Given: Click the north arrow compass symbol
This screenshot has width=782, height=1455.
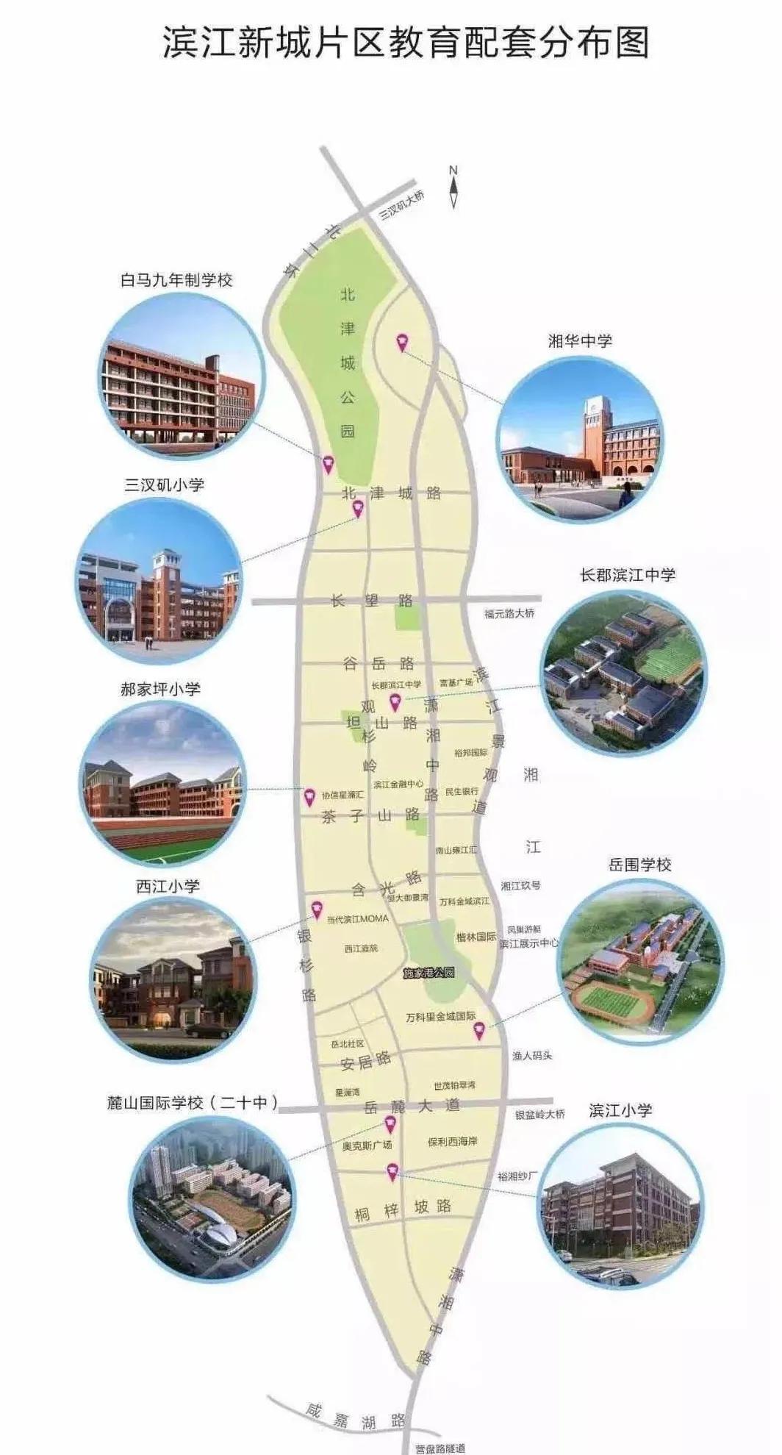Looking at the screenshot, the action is [x=453, y=188].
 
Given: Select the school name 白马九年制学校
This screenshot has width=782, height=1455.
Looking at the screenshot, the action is [x=176, y=280].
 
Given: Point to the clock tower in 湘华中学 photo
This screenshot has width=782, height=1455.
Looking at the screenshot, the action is [x=596, y=434].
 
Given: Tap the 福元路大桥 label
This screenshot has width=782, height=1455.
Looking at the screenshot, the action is [x=509, y=613].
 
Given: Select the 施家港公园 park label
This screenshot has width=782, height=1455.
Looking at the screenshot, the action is [x=429, y=973].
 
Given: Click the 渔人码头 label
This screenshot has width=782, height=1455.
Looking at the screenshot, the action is [x=532, y=1055].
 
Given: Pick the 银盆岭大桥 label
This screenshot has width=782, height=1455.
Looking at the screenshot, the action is [x=540, y=1114].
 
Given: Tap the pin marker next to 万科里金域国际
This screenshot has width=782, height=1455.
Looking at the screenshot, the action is [x=478, y=1030].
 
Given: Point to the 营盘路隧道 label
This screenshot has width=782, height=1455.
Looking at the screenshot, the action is [x=440, y=1448].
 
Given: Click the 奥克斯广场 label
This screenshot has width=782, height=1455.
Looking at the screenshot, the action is [x=367, y=1145].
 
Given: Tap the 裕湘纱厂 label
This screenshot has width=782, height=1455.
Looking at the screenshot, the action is [x=517, y=1176].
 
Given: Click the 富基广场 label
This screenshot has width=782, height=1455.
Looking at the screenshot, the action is [x=456, y=683].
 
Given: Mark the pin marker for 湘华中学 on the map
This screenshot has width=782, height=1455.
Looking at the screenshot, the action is [x=402, y=342].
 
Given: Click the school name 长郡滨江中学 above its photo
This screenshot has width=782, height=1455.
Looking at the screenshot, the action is [x=627, y=575].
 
